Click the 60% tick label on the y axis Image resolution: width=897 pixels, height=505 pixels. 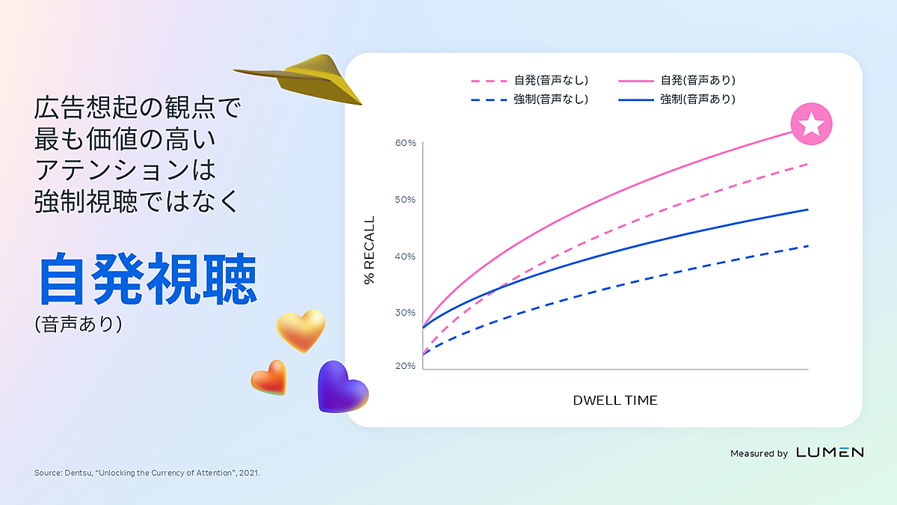pyautogui.click(x=405, y=143)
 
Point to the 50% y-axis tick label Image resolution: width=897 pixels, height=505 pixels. pyautogui.click(x=405, y=200)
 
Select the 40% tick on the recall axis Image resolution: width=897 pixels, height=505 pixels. pyautogui.click(x=405, y=257)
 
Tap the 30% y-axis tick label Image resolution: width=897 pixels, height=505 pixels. pyautogui.click(x=405, y=313)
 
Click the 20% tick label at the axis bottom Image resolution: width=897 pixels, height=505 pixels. pyautogui.click(x=405, y=366)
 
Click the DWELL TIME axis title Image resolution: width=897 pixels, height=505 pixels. pyautogui.click(x=615, y=400)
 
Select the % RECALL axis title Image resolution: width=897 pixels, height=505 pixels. pyautogui.click(x=369, y=250)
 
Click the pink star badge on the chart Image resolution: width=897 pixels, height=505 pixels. pyautogui.click(x=811, y=124)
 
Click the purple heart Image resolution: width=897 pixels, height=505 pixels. pyautogui.click(x=340, y=387)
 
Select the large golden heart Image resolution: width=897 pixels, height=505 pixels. pyautogui.click(x=301, y=330)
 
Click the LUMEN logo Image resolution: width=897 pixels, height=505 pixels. pyautogui.click(x=830, y=453)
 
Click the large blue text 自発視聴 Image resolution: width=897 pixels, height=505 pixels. pyautogui.click(x=147, y=279)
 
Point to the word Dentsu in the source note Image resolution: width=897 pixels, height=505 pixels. pyautogui.click(x=78, y=473)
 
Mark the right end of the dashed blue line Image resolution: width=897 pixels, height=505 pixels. pyautogui.click(x=808, y=246)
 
